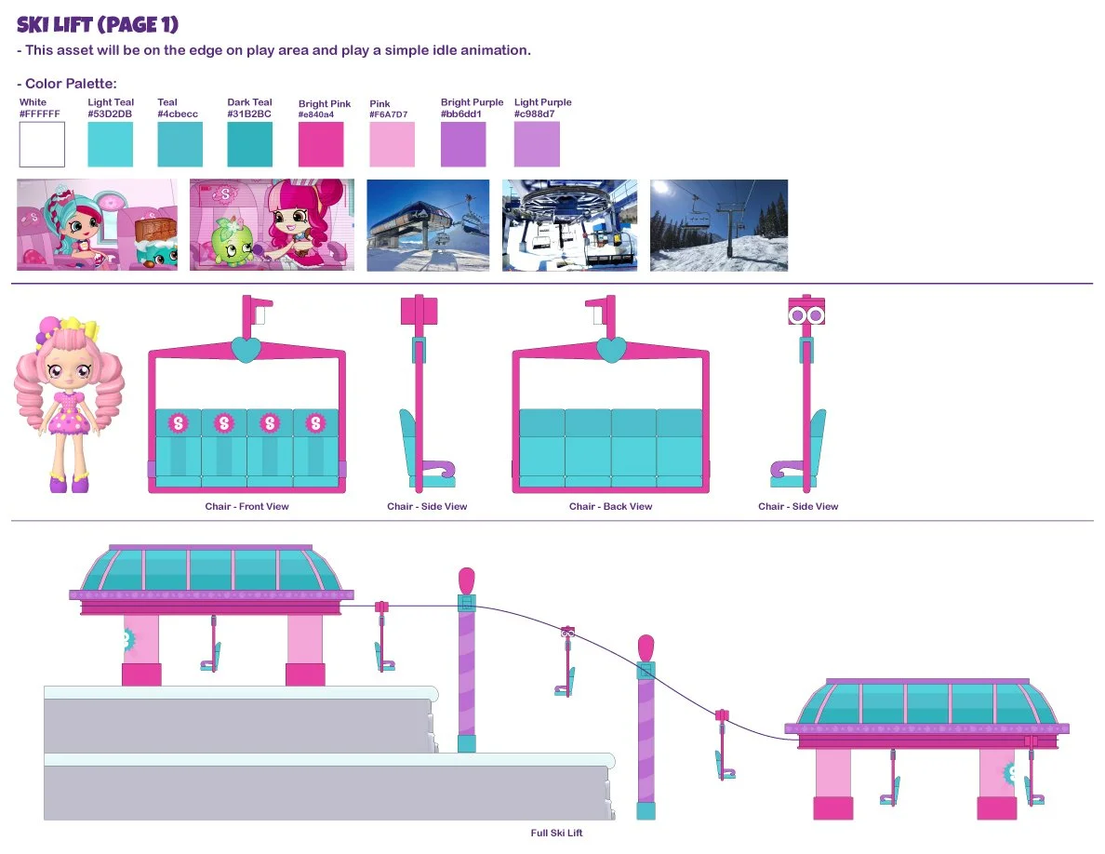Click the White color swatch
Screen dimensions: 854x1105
[x=42, y=144]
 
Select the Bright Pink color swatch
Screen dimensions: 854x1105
[x=321, y=144]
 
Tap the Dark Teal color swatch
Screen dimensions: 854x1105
[x=250, y=144]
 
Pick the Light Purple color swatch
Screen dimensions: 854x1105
[x=537, y=144]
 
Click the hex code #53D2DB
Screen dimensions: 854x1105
[x=110, y=113]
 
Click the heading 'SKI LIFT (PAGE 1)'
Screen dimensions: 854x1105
[x=98, y=25]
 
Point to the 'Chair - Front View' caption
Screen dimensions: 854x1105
[x=246, y=507]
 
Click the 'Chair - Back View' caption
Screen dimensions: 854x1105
[x=610, y=507]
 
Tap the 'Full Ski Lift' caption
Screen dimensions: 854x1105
[x=556, y=834]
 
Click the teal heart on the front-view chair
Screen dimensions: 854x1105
[x=246, y=350]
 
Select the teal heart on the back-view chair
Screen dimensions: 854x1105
[x=610, y=350]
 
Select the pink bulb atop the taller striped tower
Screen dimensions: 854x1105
[x=467, y=580]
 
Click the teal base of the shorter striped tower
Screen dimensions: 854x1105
[x=646, y=809]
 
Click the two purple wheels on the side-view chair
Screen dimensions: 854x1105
[x=806, y=315]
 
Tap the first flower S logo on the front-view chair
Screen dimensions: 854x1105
[x=178, y=423]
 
